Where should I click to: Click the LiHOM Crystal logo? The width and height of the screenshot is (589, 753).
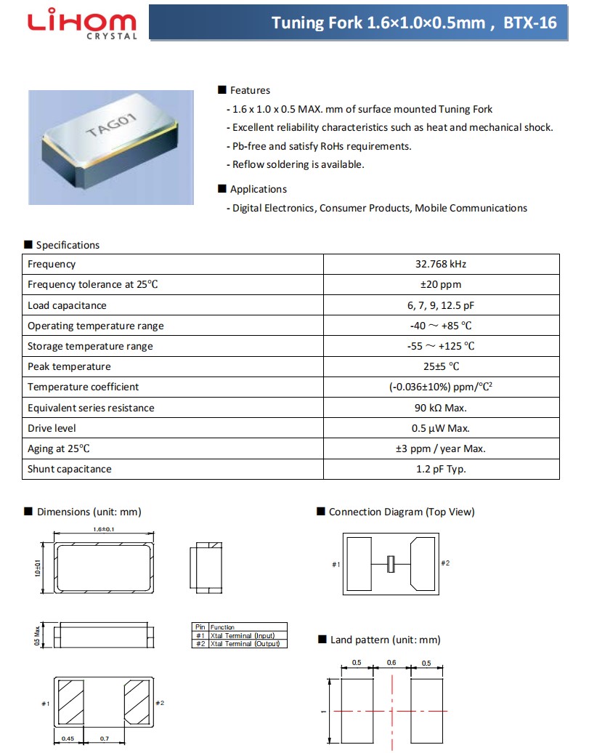pyautogui.click(x=81, y=23)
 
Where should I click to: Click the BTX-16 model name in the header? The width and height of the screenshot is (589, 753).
pyautogui.click(x=530, y=23)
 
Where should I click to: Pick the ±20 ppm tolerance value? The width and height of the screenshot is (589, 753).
pyautogui.click(x=440, y=284)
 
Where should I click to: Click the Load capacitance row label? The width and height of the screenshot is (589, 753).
pyautogui.click(x=67, y=305)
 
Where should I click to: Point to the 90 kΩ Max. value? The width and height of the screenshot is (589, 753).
pyautogui.click(x=441, y=408)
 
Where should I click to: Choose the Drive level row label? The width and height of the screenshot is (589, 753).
pyautogui.click(x=52, y=428)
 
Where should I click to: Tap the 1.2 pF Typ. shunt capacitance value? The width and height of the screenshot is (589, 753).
pyautogui.click(x=441, y=469)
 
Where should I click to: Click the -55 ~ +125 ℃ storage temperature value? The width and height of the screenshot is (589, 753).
pyautogui.click(x=441, y=346)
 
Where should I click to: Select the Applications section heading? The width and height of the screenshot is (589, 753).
pyautogui.click(x=258, y=189)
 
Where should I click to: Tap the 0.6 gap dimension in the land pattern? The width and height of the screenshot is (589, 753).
pyautogui.click(x=391, y=662)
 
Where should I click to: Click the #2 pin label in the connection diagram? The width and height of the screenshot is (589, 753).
pyautogui.click(x=445, y=563)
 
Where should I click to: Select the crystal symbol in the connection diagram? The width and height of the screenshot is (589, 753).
pyautogui.click(x=391, y=563)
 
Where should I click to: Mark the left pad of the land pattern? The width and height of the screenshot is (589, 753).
pyautogui.click(x=357, y=710)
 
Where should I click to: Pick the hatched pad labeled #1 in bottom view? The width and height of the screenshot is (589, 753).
pyautogui.click(x=71, y=703)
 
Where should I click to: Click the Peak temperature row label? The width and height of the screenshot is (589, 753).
pyautogui.click(x=69, y=366)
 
